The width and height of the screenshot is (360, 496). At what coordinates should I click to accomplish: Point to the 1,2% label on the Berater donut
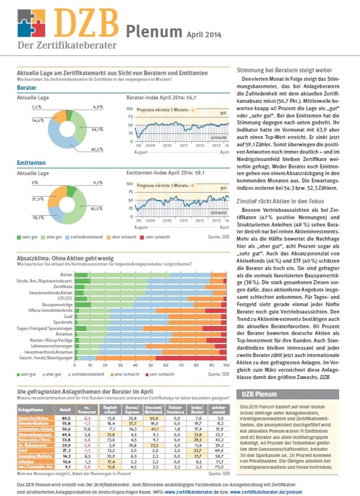[x=37, y=106]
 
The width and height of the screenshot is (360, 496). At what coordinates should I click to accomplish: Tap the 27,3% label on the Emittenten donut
[x=37, y=199]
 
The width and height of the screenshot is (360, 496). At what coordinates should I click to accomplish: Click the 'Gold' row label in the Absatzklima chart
[x=67, y=317]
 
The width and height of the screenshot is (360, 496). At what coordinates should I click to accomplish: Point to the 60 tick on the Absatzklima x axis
[x=165, y=365]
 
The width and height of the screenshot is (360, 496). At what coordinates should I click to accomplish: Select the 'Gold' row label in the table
[x=25, y=450]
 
